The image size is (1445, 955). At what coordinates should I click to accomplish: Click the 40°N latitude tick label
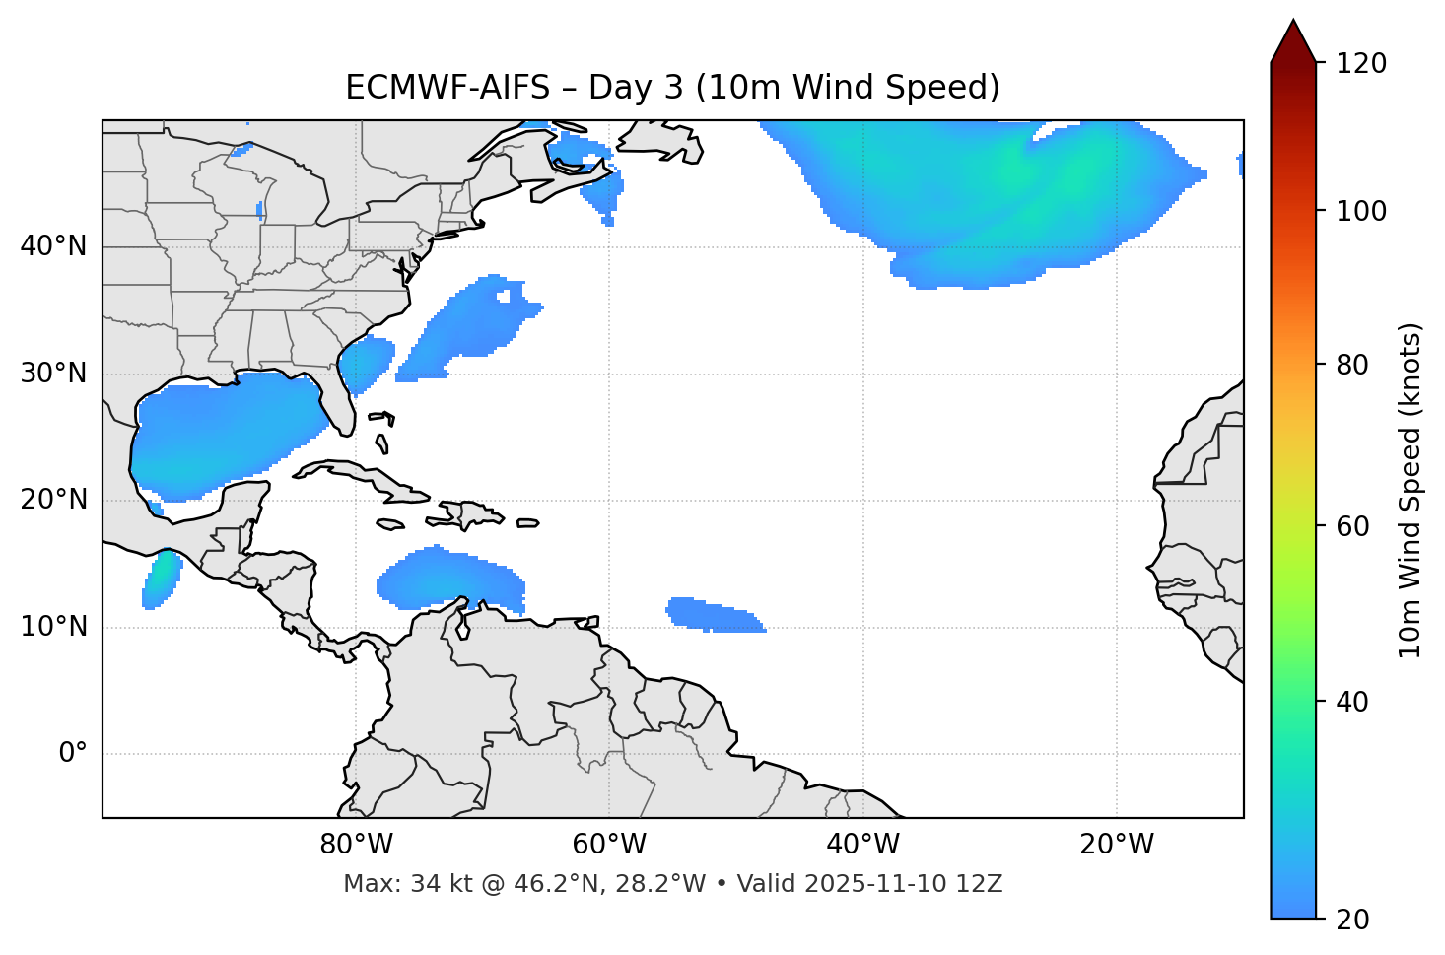tap(53, 246)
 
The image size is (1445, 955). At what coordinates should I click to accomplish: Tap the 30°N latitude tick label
tap(53, 374)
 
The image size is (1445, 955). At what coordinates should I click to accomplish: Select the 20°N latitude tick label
tap(53, 500)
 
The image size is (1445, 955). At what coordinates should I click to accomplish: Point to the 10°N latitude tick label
tap(53, 627)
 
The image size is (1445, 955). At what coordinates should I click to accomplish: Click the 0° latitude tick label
tap(72, 754)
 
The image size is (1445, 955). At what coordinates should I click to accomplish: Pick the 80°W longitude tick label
tap(356, 845)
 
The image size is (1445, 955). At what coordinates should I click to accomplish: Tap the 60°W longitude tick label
tap(609, 845)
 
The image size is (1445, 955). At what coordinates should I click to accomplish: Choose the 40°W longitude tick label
tap(862, 845)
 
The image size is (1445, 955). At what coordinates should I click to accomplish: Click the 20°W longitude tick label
tap(1117, 845)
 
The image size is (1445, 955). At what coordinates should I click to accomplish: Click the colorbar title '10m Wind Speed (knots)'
tap(1411, 490)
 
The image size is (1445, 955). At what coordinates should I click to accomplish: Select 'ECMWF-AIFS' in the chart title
tap(447, 88)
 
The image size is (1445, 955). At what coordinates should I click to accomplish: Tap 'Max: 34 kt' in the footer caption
tap(393, 884)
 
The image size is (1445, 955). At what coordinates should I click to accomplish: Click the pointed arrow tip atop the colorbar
tap(1293, 24)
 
